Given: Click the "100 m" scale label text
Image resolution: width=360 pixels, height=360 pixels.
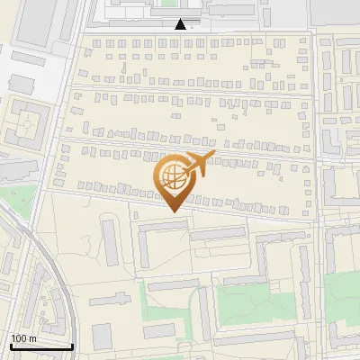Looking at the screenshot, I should coord(23,337).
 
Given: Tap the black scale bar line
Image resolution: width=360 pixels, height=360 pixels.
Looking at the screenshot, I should coord(41,346).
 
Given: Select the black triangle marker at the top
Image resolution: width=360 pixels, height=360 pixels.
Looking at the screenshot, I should coord(182,25).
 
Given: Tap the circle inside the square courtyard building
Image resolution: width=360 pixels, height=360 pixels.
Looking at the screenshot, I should coord(28,121).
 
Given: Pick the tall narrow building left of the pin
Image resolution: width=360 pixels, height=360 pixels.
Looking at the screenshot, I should coord(111,241).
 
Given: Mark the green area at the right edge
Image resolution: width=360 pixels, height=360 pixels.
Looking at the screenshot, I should coord(344,297).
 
